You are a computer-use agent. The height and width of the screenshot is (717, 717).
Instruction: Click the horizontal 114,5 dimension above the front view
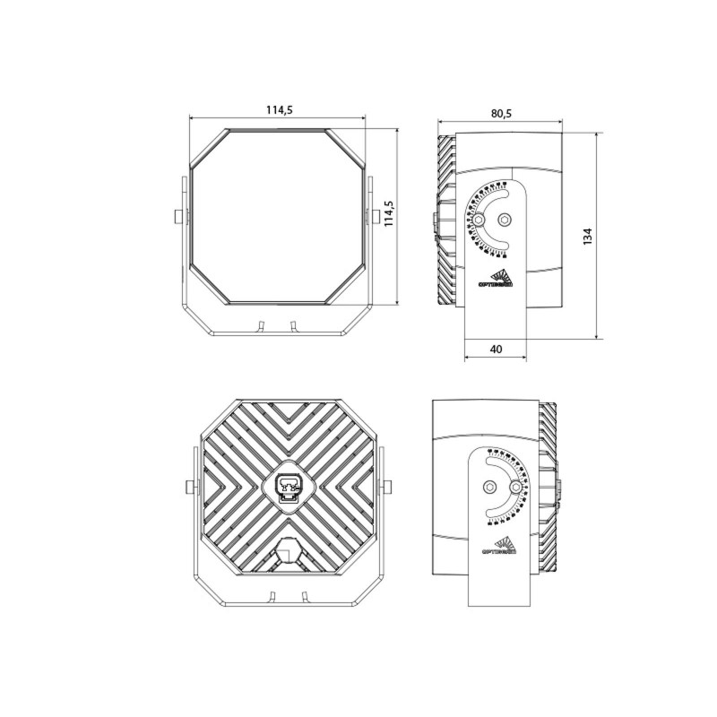tap(279, 110)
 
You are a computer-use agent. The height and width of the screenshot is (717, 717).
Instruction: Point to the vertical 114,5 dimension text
tap(390, 214)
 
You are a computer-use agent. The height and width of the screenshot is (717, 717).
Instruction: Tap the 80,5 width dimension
tap(501, 114)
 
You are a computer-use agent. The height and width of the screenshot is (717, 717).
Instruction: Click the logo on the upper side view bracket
tap(495, 279)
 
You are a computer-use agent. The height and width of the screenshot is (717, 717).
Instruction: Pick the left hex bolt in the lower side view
tap(489, 486)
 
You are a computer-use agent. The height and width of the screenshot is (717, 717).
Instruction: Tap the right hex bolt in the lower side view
tap(516, 486)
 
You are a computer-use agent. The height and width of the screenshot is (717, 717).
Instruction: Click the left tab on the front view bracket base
tap(262, 324)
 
